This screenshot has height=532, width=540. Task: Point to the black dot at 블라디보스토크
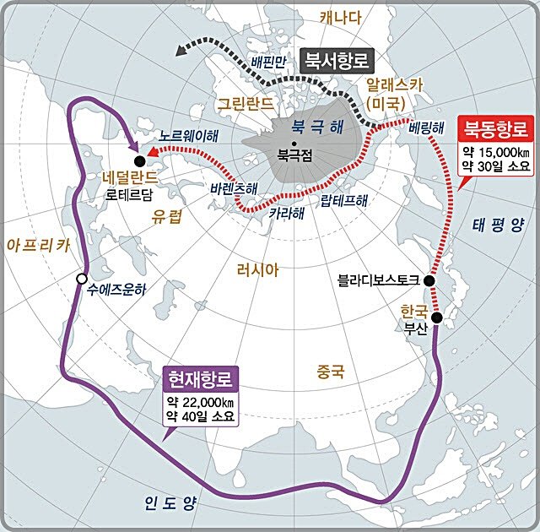pos(429,280)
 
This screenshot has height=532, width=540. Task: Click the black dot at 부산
pos(437,318)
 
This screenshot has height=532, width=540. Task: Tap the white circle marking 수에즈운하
pos(81,279)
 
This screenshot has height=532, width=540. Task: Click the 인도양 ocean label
pos(168,503)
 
